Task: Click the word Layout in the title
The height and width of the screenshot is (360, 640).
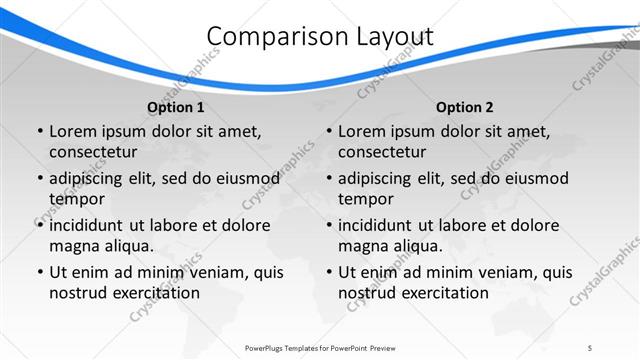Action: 394,37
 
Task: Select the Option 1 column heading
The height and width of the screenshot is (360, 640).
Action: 175,107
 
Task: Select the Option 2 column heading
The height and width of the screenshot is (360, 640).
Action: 464,107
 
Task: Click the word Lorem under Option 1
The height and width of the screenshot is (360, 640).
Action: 72,131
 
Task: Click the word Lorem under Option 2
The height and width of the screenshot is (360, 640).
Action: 361,131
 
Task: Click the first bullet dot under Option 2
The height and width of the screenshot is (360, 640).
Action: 329,132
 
